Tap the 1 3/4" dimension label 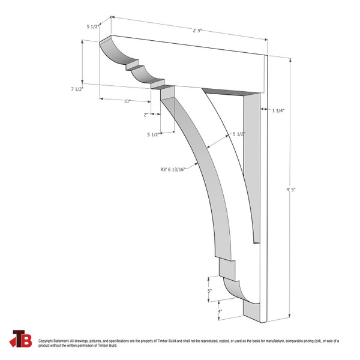coord(278,110)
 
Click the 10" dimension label coord(127,101)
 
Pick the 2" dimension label coord(146,114)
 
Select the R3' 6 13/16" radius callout coord(175,170)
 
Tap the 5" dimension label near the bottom coord(209,291)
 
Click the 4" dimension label coord(220,311)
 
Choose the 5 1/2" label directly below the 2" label coord(152,134)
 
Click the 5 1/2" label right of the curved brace coord(239,134)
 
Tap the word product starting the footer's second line coord(44,346)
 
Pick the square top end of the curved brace coord(167,91)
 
